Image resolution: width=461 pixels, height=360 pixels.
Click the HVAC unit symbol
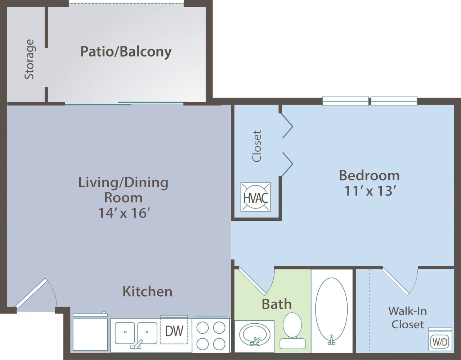tap(255, 197)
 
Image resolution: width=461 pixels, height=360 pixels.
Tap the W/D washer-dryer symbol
tap(440, 341)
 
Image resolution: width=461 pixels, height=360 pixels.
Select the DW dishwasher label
tap(174, 331)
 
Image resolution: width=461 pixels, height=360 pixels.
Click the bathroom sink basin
tap(254, 334)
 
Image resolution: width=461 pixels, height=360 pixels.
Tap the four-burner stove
tap(211, 335)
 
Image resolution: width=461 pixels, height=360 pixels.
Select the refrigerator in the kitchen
tap(90, 333)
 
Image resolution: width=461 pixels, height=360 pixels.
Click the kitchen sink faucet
tap(137, 344)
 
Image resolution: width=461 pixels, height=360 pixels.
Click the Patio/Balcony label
tap(126, 51)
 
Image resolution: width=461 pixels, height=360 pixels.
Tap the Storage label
tap(29, 59)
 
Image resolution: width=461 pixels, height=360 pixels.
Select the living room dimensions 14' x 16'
tap(124, 213)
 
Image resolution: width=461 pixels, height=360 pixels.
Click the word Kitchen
tap(147, 291)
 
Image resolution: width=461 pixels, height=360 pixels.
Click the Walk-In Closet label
tap(408, 318)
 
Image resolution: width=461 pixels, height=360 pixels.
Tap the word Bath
tap(276, 304)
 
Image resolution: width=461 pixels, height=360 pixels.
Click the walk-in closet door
tap(396, 281)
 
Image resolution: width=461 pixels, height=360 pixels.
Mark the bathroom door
tap(252, 281)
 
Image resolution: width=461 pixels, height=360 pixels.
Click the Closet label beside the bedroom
tap(257, 146)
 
